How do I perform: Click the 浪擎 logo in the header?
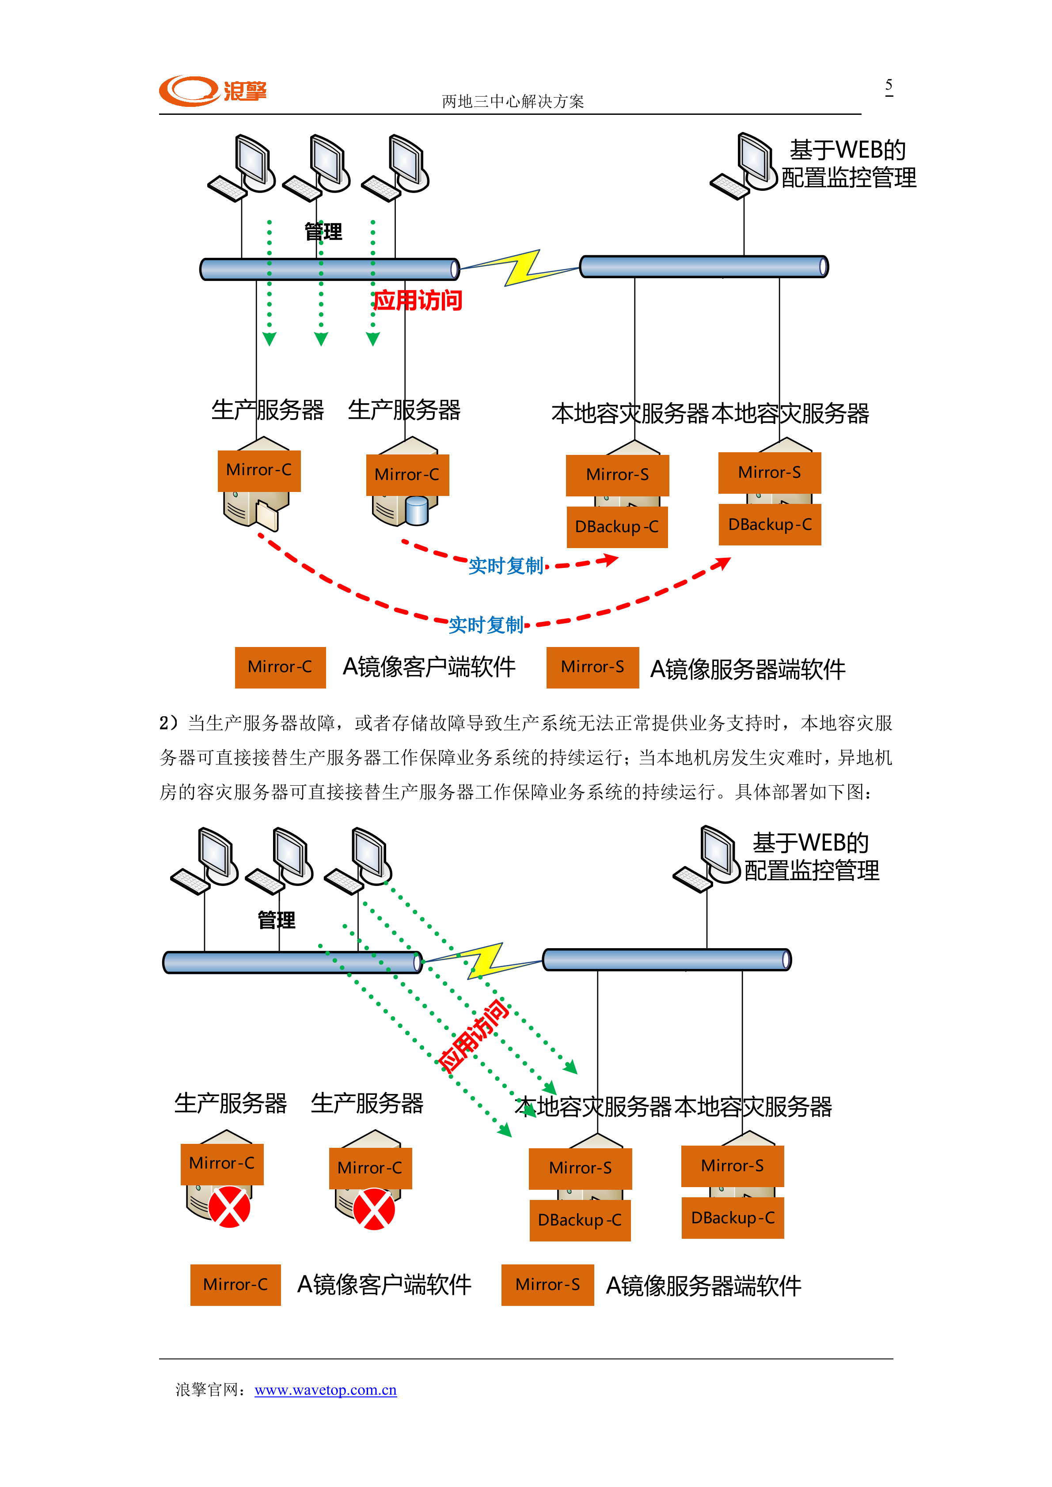coord(213,91)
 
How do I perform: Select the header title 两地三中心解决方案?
coord(513,101)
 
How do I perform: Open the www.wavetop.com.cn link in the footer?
coord(325,1390)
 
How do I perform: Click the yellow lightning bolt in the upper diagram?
coord(522,268)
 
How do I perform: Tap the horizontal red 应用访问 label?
coord(418,300)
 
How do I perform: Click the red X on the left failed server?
coord(229,1207)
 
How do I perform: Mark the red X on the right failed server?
coord(374,1208)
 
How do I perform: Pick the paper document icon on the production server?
coord(267,515)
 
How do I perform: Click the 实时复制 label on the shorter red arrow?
coord(505,566)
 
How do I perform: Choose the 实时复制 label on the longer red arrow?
coord(486,625)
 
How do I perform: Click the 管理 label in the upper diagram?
coord(323,232)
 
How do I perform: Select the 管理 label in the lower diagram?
coord(277,919)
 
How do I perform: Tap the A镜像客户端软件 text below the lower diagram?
coord(384,1285)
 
